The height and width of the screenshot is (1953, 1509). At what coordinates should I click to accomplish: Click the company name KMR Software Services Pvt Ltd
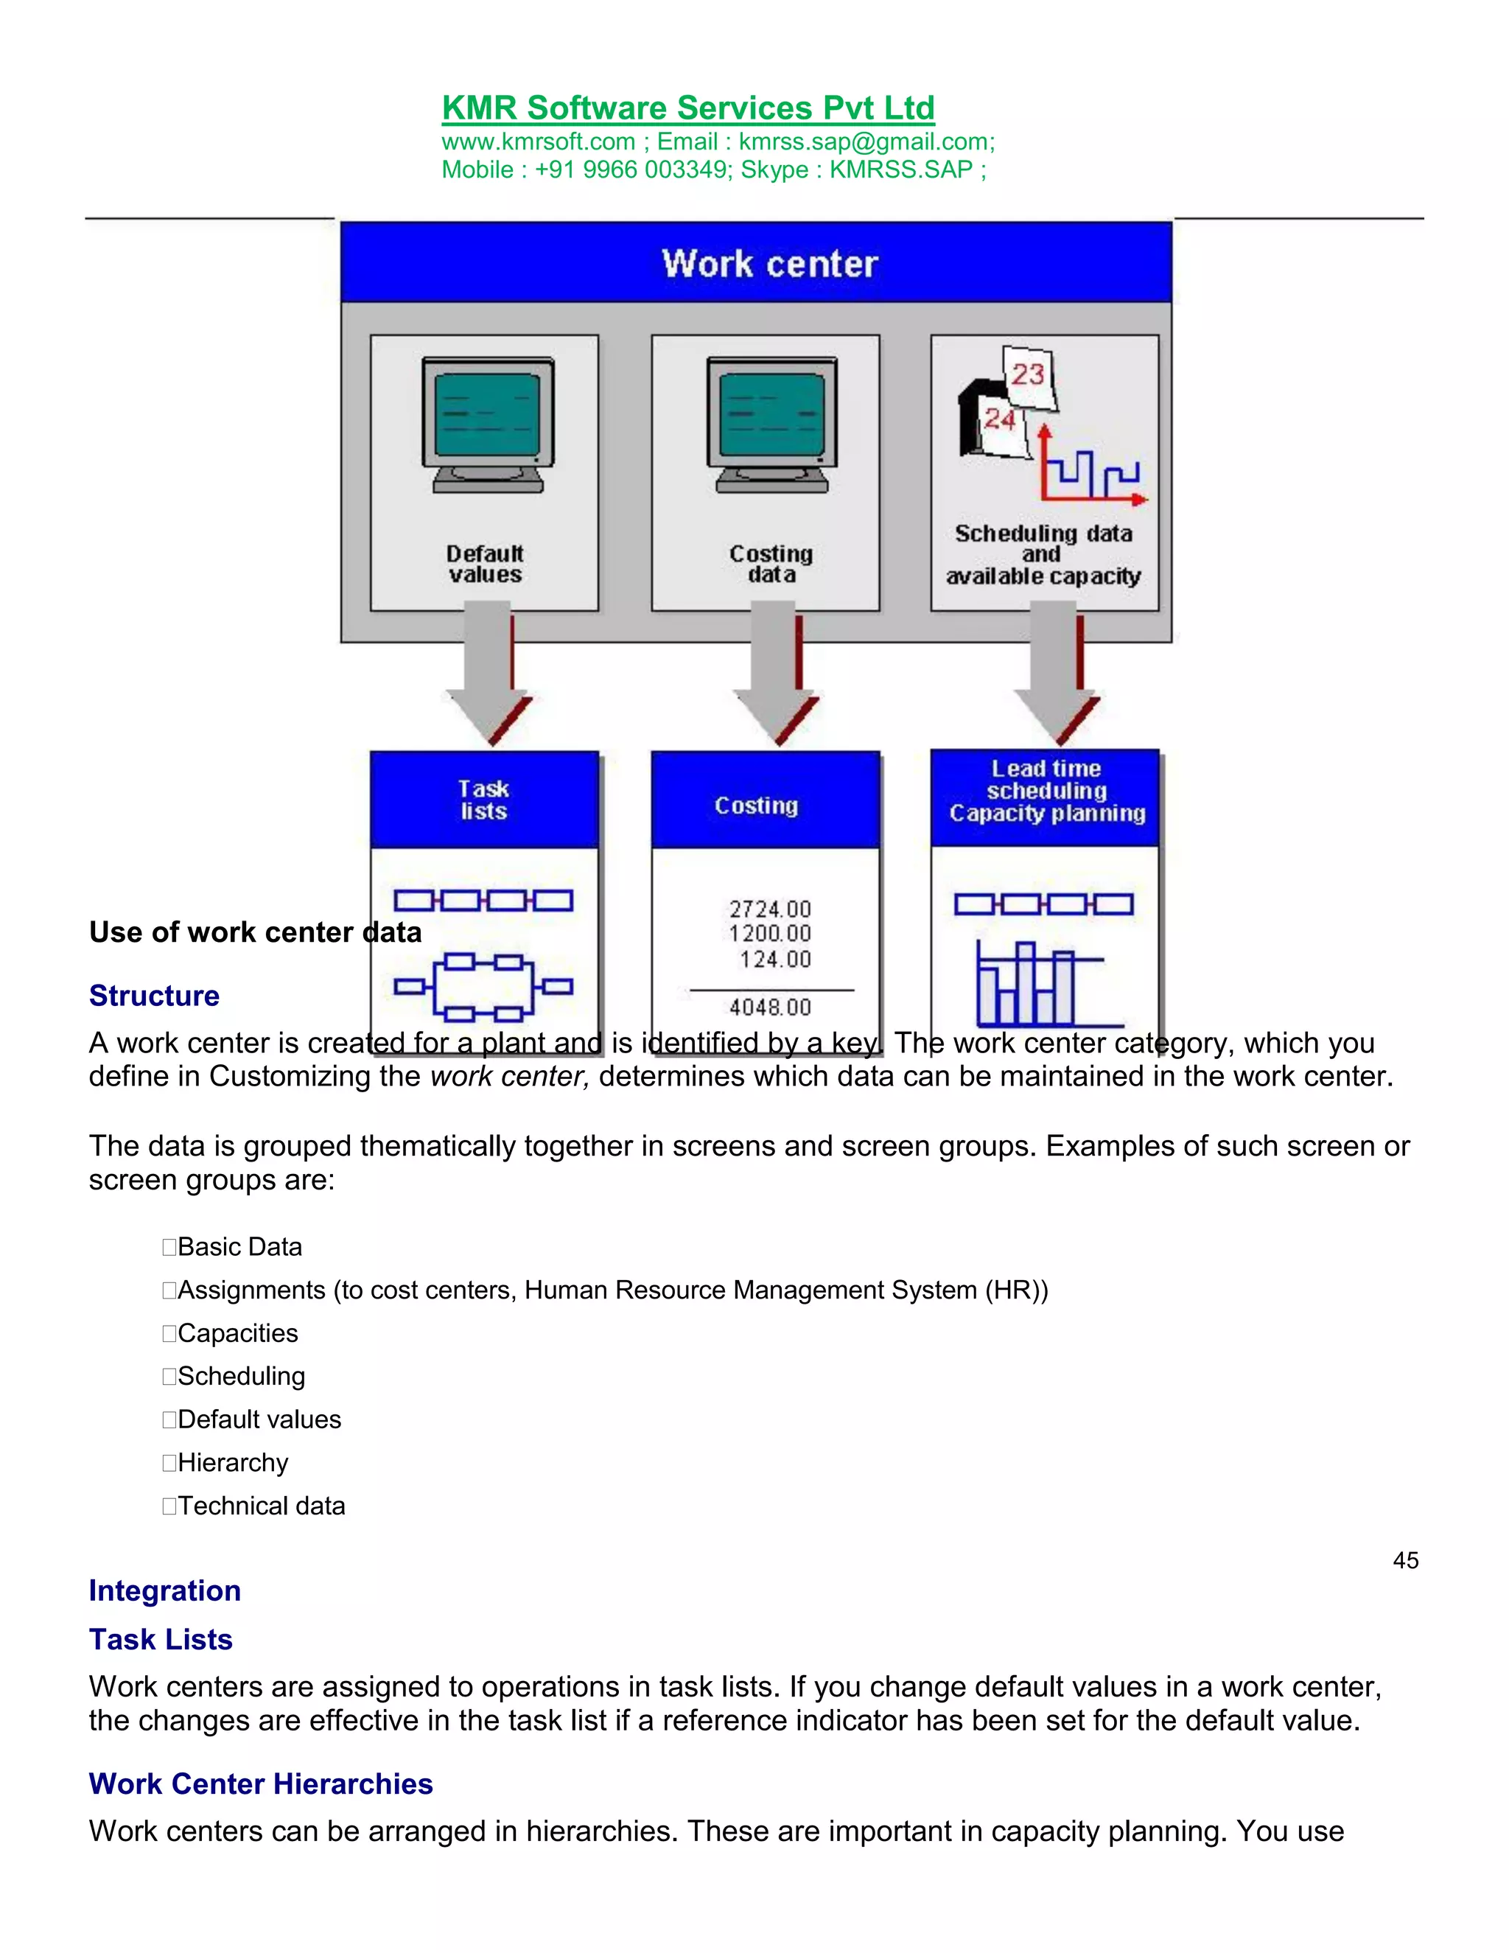[687, 108]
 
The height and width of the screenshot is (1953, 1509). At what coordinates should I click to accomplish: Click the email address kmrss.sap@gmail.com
[864, 142]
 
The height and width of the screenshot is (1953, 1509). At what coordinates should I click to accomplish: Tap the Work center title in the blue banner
[770, 264]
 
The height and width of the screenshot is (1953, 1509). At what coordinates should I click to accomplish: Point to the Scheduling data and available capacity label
[1043, 554]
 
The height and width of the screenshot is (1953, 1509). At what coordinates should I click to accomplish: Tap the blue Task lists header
[483, 800]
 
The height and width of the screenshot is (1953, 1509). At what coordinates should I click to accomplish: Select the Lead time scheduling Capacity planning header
[1046, 792]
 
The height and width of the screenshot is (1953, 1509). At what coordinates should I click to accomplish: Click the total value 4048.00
[770, 1007]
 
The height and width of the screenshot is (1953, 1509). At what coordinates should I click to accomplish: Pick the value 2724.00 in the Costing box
[770, 909]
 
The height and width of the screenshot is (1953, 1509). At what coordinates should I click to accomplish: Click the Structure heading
[154, 995]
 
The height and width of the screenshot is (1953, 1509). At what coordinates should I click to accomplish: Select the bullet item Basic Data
[239, 1246]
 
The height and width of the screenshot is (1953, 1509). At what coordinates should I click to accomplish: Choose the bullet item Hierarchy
[232, 1463]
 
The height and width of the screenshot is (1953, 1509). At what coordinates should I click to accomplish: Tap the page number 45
[1405, 1560]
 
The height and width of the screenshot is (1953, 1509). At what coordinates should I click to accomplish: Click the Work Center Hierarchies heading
[260, 1784]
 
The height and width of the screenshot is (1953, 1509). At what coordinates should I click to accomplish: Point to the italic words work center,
[510, 1077]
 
